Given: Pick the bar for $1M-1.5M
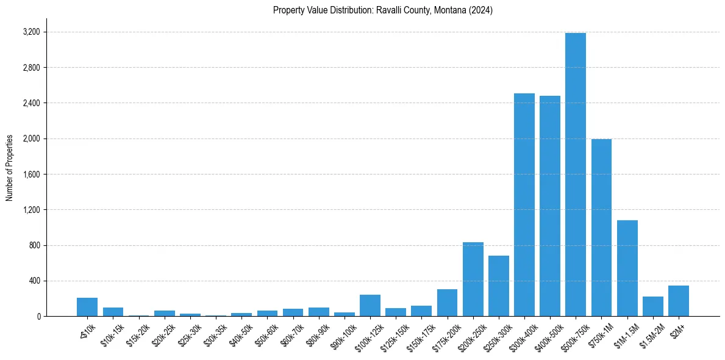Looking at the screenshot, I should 627,268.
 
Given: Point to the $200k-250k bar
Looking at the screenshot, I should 473,279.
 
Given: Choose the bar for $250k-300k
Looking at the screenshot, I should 498,286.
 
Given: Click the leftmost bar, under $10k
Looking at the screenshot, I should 87,307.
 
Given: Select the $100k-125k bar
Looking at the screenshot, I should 370,306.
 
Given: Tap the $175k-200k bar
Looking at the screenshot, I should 447,303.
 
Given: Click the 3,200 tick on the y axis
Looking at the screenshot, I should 31,32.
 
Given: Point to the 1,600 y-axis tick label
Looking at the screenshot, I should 31,175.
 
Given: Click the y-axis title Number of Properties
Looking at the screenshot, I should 10,167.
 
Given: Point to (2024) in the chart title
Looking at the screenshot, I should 482,10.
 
